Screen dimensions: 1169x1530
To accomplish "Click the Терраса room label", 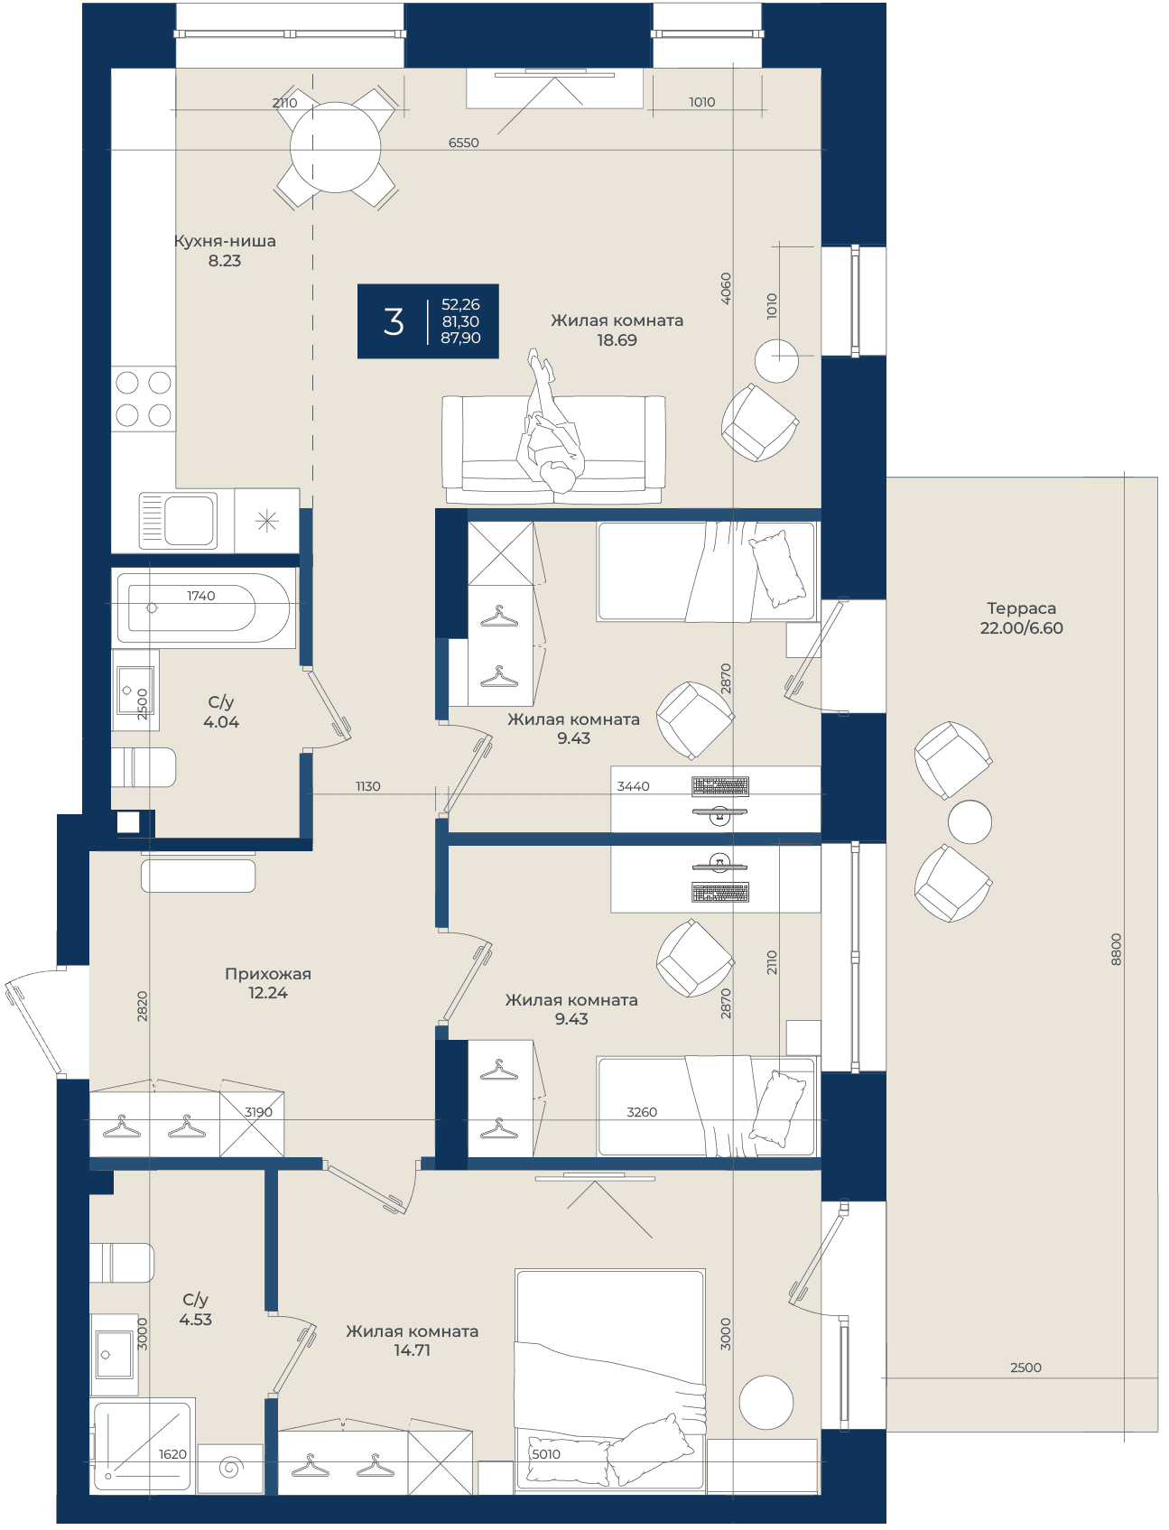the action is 1021,608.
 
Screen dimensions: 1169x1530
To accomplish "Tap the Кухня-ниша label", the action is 225,241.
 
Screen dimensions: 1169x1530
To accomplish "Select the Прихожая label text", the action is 268,974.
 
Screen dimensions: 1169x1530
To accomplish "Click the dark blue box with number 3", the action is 428,321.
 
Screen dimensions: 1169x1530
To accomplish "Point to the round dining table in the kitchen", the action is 335,147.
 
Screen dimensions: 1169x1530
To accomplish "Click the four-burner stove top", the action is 144,399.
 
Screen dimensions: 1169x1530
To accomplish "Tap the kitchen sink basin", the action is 179,520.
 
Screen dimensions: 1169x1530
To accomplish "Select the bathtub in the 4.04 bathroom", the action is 204,607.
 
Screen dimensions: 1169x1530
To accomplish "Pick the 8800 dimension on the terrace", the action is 1117,950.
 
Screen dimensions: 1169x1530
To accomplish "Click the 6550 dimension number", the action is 464,143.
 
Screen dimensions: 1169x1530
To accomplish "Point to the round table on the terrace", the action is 970,822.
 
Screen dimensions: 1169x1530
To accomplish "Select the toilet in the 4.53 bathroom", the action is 122,1263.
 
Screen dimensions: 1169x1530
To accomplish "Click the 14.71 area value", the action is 412,1350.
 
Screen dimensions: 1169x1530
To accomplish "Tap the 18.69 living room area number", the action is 617,340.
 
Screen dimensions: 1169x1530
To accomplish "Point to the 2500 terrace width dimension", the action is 1025,1368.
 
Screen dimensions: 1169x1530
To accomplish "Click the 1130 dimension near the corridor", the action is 368,786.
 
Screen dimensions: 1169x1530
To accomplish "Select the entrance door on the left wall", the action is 34,1023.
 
